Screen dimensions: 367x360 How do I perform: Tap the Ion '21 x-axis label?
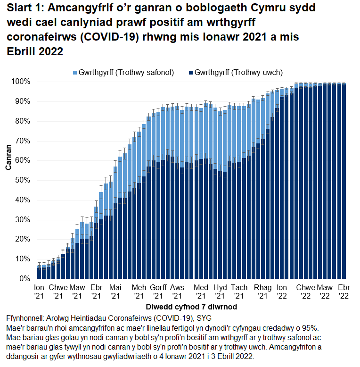pyautogui.click(x=39, y=291)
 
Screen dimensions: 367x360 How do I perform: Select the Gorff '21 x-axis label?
pyautogui.click(x=158, y=291)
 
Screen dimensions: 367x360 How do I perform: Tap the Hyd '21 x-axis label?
pyautogui.click(x=220, y=291)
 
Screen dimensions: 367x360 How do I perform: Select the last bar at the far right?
pyautogui.click(x=344, y=182)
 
